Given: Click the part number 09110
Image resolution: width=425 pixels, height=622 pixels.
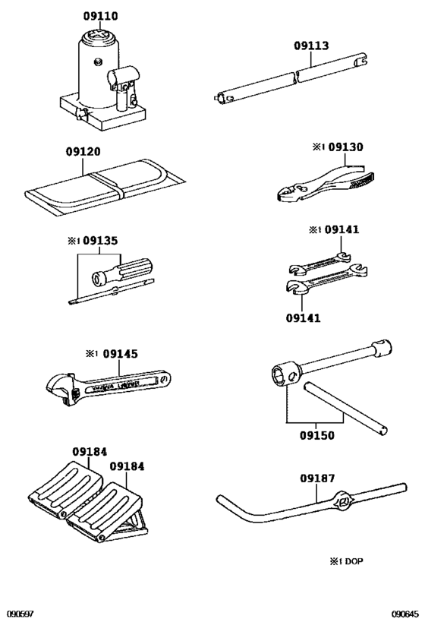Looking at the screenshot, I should (x=99, y=16).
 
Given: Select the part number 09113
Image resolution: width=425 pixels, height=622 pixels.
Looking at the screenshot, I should (x=311, y=46).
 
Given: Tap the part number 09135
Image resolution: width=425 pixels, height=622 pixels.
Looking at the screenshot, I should (x=100, y=242).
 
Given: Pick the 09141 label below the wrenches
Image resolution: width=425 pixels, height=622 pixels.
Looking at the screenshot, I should (x=303, y=317).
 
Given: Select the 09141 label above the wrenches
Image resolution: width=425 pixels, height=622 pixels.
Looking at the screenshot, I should (x=342, y=229).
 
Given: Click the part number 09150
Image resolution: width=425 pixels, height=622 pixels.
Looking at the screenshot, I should (x=316, y=436).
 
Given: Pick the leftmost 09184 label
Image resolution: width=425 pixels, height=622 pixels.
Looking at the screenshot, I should (x=90, y=451).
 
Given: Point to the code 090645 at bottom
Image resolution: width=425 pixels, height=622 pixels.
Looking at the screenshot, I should (x=405, y=614).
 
